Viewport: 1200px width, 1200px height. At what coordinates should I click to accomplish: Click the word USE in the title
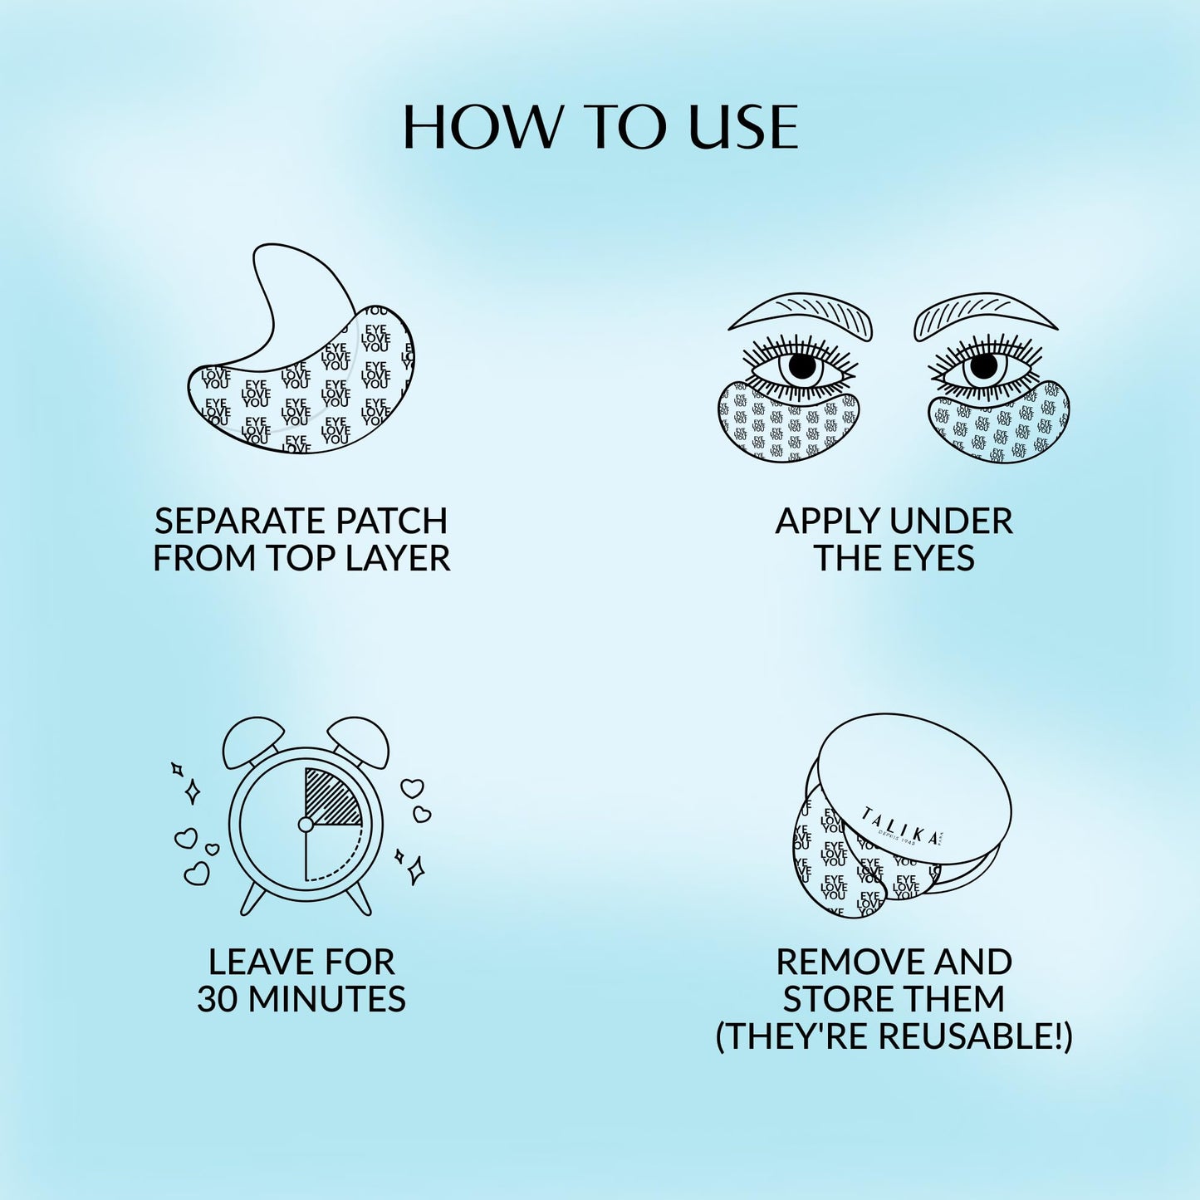(743, 128)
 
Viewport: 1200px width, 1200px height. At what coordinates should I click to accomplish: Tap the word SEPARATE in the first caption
(230, 522)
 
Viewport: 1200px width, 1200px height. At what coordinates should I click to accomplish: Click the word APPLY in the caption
(820, 522)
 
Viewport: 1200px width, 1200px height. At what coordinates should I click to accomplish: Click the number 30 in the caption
(217, 999)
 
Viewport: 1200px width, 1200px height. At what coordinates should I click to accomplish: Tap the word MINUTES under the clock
(326, 999)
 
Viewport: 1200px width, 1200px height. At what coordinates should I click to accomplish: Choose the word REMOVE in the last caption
(850, 962)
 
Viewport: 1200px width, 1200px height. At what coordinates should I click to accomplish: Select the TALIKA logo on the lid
(902, 827)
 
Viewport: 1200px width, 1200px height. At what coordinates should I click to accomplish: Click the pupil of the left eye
(802, 366)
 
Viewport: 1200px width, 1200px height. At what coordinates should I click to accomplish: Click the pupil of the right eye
(984, 365)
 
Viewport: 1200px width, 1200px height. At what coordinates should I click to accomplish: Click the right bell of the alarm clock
(358, 741)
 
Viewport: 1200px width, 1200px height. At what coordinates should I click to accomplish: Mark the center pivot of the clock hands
(306, 825)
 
